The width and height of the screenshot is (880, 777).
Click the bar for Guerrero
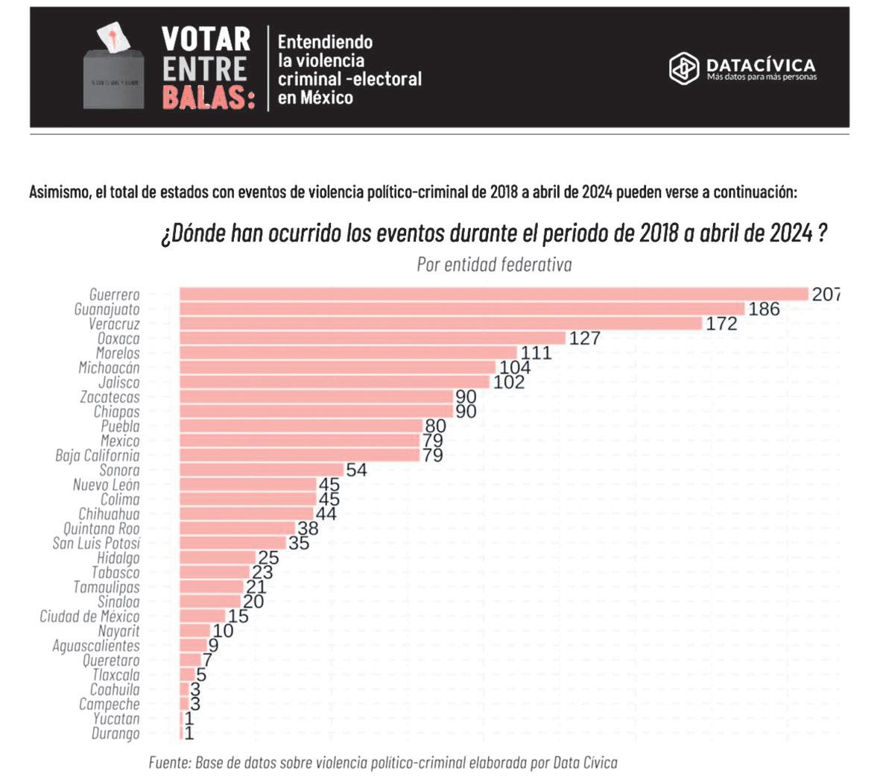click(x=493, y=294)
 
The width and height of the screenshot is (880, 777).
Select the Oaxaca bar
click(x=373, y=338)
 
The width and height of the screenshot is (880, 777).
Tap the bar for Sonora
click(x=262, y=470)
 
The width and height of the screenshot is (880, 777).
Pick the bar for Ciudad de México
click(x=202, y=616)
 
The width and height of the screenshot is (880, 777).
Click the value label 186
click(x=764, y=309)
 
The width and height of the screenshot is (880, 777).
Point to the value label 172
click(x=721, y=324)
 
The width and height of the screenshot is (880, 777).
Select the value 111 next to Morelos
click(x=536, y=353)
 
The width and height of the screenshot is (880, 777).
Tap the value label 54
click(x=356, y=470)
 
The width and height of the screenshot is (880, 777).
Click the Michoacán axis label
click(x=109, y=368)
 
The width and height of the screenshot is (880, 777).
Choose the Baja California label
click(x=97, y=456)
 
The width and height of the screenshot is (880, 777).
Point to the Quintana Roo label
click(x=101, y=529)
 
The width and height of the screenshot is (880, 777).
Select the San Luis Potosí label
click(x=95, y=544)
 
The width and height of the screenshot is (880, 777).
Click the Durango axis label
click(x=115, y=734)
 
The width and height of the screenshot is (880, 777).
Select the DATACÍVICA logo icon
click(x=683, y=68)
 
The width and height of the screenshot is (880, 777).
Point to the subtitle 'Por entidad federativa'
click(x=494, y=265)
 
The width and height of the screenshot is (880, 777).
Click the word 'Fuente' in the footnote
click(x=170, y=763)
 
